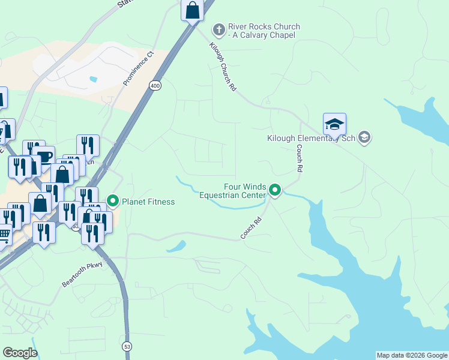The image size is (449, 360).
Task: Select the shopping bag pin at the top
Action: (x=191, y=11)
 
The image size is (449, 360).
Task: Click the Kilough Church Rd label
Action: (x=223, y=67)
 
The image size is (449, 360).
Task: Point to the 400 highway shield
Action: (x=155, y=86)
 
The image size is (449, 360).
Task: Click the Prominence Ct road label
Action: (x=139, y=68)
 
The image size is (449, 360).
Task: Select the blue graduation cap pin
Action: (x=334, y=125)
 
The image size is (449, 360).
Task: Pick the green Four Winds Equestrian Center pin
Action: (x=275, y=191)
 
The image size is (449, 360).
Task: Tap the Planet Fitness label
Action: (x=148, y=202)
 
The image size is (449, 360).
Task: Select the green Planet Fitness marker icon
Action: (x=112, y=201)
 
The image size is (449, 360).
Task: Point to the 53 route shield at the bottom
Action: (x=127, y=347)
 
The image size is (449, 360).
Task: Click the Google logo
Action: (x=20, y=353)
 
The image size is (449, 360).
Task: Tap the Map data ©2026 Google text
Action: (x=412, y=355)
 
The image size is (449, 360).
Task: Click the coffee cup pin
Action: (x=44, y=157)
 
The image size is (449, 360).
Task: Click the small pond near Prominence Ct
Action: (x=92, y=79)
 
